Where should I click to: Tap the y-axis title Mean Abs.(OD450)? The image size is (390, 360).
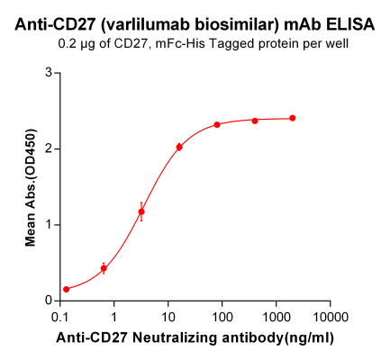point(30,187)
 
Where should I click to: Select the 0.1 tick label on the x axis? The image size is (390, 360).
point(60,317)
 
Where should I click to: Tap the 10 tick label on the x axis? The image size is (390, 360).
point(168,317)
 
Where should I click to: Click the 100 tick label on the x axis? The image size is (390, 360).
point(222,317)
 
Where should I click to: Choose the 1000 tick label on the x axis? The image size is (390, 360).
point(276,317)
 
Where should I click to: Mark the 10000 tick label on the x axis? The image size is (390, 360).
point(330,317)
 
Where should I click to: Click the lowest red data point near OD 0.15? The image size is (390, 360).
point(66,289)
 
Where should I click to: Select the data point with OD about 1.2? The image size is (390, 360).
point(141,211)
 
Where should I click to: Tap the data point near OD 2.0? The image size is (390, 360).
point(179,147)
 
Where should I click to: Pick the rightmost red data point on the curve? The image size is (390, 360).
point(293,118)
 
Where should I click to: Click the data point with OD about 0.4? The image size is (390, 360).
point(104,268)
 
